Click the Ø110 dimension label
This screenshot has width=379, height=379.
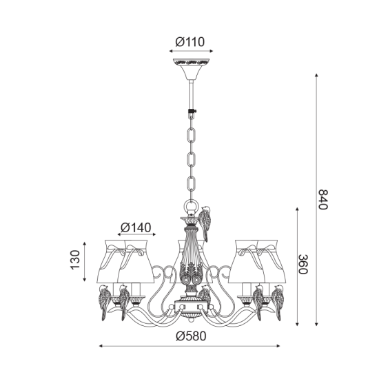pyautogui.click(x=190, y=42)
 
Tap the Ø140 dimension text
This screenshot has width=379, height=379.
pyautogui.click(x=136, y=227)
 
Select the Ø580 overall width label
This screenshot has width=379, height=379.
pyautogui.click(x=191, y=336)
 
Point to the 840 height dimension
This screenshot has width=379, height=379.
pyautogui.click(x=322, y=200)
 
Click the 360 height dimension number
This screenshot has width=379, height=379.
pyautogui.click(x=303, y=264)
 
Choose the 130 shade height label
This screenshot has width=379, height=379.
pyautogui.click(x=75, y=260)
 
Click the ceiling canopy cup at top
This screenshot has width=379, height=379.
pyautogui.click(x=191, y=69)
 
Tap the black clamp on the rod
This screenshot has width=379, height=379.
pyautogui.click(x=192, y=112)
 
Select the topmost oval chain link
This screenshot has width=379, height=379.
pyautogui.click(x=192, y=136)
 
